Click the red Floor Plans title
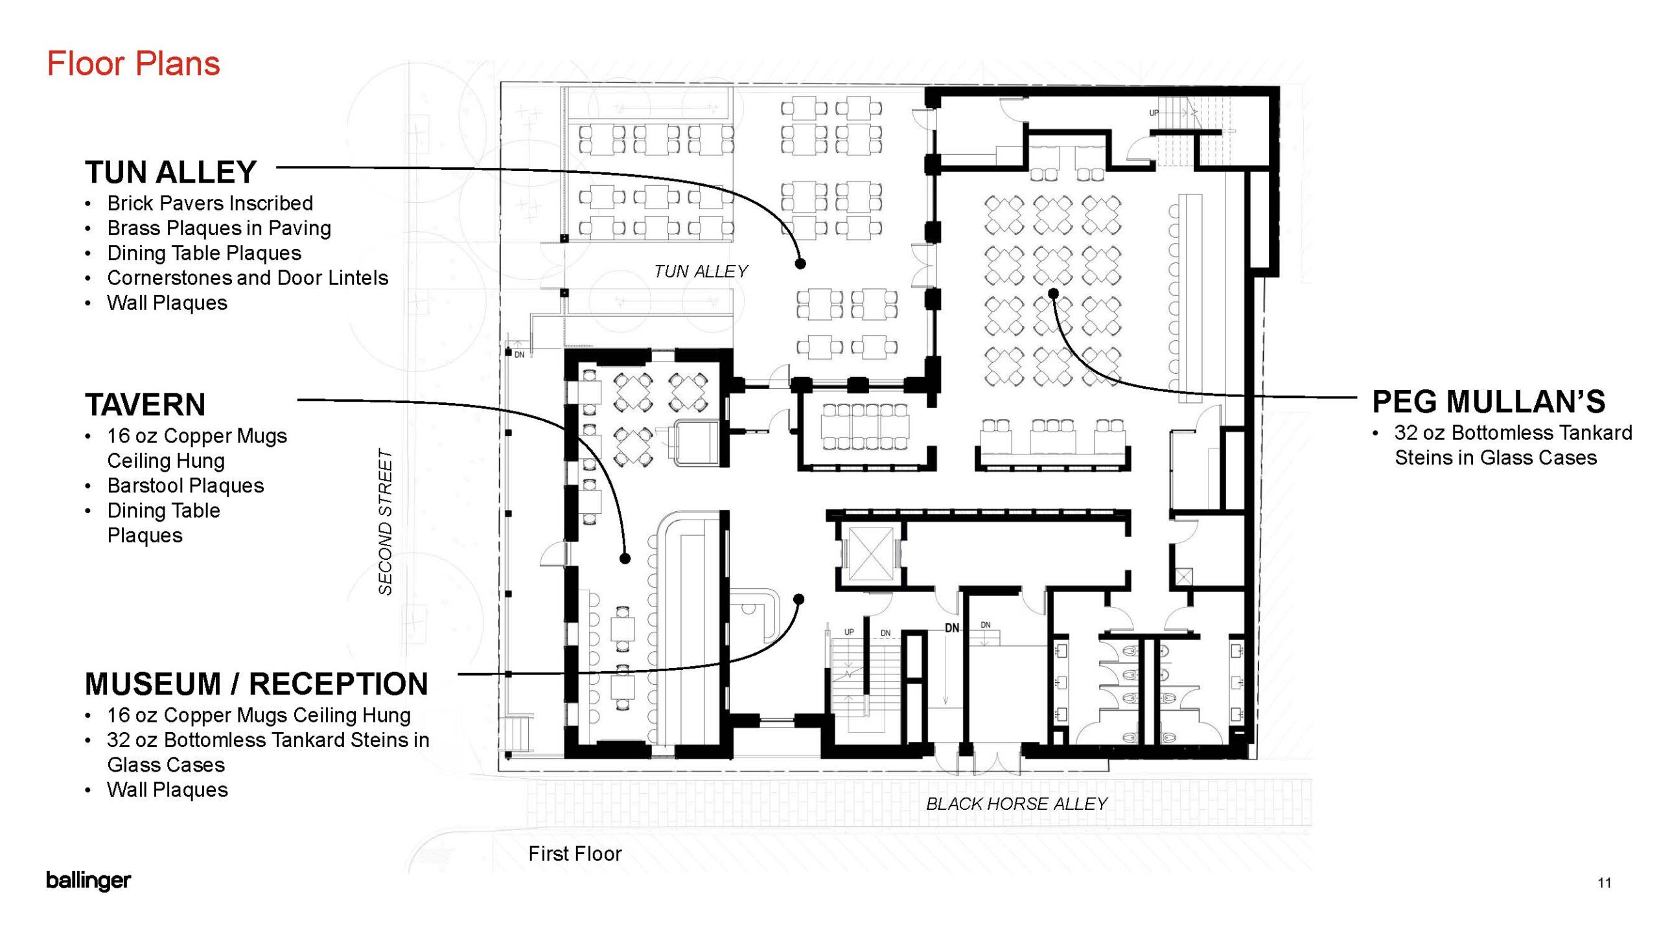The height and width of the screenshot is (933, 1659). point(133,63)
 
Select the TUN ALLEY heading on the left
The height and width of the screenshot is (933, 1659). point(171,172)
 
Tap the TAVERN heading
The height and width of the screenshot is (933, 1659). point(145,405)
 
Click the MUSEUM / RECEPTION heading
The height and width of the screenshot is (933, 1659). point(257,684)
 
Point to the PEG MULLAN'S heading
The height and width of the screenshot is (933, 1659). point(1489,402)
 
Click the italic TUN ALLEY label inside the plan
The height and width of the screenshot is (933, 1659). point(701,271)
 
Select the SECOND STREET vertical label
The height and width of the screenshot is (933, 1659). point(386,522)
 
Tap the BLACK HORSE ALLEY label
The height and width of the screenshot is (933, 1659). point(1016,804)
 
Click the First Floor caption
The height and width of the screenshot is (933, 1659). point(575,854)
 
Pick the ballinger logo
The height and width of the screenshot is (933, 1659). point(88,881)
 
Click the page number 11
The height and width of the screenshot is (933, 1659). point(1605,882)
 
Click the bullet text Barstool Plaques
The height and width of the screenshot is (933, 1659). point(185,486)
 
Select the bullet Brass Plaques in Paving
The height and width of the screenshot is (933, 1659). point(219,228)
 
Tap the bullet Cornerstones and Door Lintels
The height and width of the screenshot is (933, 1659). point(248,278)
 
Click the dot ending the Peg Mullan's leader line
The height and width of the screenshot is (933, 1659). point(1054,294)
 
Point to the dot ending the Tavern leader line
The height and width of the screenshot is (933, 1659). point(625,558)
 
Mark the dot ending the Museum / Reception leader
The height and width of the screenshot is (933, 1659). point(799,599)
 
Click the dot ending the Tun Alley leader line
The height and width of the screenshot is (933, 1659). point(800,264)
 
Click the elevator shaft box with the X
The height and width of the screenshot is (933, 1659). point(870,555)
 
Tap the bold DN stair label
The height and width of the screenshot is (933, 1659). point(952,628)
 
